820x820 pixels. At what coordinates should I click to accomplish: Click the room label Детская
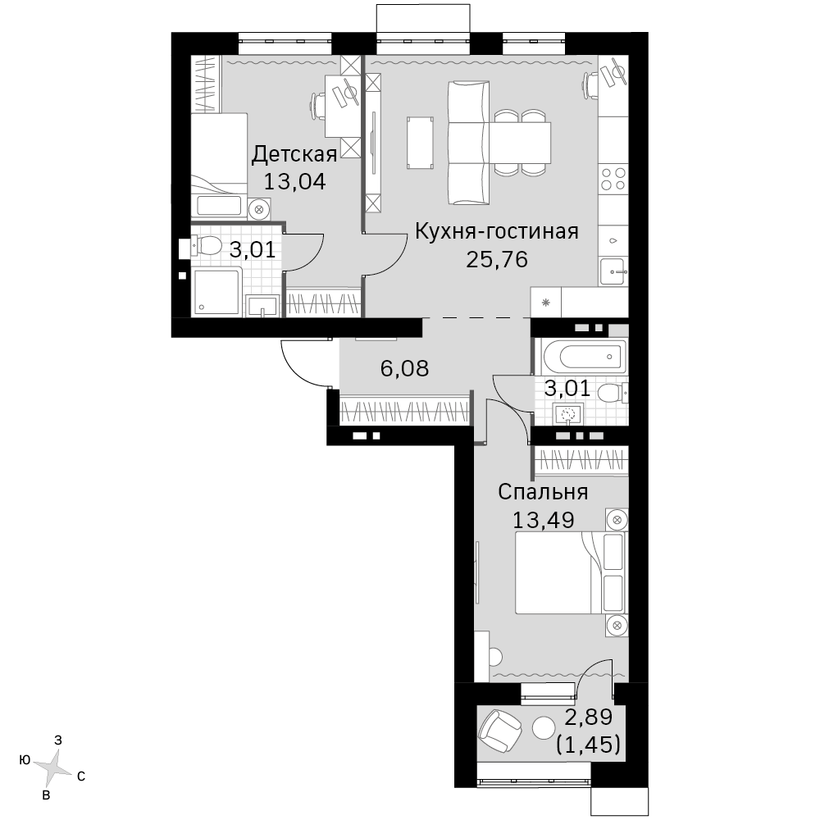[x=294, y=155]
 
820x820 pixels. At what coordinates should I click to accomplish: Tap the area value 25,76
[x=497, y=259]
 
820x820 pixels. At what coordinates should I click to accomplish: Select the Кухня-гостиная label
[x=497, y=231]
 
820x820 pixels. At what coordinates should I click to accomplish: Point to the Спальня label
[x=543, y=492]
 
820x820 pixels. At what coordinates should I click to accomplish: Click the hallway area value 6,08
[x=405, y=369]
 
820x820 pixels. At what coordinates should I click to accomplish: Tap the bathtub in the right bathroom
[x=584, y=357]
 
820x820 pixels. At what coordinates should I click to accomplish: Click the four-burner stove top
[x=613, y=178]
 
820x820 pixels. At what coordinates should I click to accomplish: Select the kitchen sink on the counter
[x=613, y=272]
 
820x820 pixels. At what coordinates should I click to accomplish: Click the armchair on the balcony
[x=500, y=730]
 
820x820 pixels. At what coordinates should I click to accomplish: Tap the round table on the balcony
[x=544, y=727]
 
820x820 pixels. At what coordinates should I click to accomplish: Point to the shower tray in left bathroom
[x=216, y=291]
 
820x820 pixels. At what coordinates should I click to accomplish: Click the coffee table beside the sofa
[x=420, y=143]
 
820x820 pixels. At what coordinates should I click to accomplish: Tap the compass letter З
[x=58, y=740]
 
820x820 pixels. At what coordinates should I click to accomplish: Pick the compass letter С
[x=81, y=777]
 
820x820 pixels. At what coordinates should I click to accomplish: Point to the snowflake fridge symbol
[x=546, y=303]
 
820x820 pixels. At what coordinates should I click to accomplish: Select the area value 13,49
[x=543, y=521]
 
